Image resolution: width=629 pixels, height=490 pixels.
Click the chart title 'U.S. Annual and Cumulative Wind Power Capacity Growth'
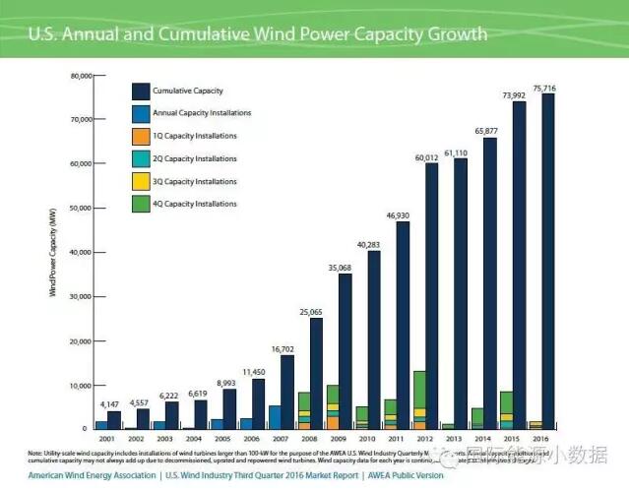(x=257, y=34)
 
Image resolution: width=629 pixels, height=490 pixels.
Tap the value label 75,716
(x=544, y=89)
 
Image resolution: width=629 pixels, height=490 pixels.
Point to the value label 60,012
(x=425, y=156)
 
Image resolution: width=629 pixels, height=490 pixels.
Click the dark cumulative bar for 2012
(x=431, y=295)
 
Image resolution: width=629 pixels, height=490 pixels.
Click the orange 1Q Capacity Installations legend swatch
(x=140, y=136)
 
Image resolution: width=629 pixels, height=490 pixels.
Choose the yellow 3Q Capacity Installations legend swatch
(x=140, y=181)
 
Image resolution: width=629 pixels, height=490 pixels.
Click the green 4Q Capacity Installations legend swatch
(x=140, y=204)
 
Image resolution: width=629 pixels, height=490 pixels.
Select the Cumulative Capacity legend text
(x=188, y=91)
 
